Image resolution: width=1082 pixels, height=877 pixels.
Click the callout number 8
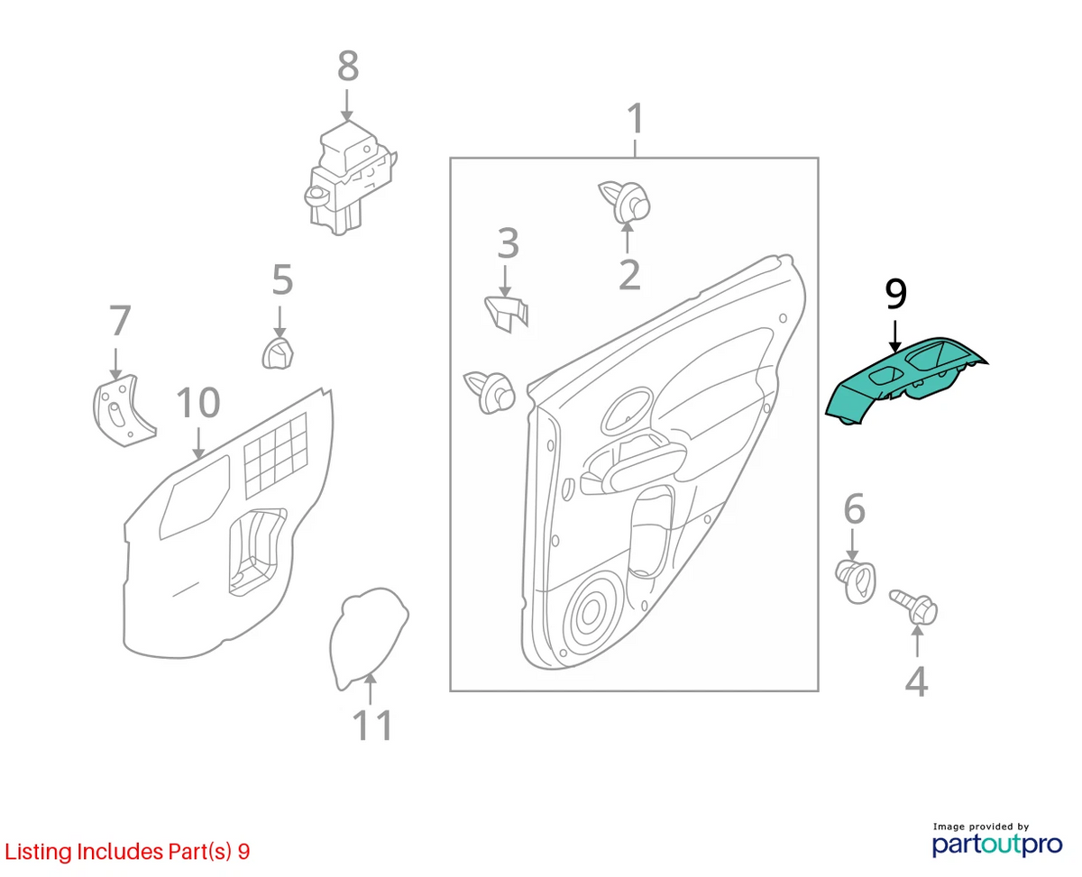348,66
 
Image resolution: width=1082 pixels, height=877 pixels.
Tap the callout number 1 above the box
636,119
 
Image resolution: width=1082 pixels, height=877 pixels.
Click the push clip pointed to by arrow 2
624,203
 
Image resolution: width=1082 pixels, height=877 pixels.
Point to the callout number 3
508,243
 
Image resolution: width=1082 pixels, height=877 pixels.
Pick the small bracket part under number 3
506,314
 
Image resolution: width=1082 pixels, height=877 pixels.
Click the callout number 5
282,279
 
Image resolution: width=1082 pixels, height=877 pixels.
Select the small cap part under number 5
278,352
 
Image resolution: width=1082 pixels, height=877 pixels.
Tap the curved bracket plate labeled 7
124,410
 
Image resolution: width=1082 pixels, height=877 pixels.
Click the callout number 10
198,403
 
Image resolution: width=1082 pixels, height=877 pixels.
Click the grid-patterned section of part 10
275,455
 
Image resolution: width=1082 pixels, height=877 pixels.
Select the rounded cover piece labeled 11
368,638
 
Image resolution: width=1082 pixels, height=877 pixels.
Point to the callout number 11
372,725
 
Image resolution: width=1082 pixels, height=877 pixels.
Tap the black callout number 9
895,294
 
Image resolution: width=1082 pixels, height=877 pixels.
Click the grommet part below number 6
856,581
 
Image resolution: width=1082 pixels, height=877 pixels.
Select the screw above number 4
914,607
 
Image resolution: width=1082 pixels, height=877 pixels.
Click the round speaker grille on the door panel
591,614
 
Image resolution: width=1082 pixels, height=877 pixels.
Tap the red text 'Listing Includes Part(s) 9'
127,852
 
